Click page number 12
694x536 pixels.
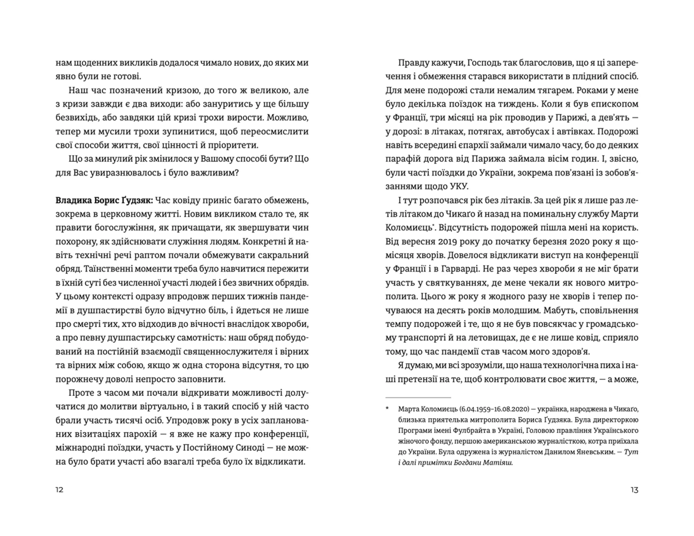60,490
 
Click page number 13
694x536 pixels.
634,490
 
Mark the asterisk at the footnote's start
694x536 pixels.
387,408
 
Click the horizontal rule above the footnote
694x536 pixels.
418,397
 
